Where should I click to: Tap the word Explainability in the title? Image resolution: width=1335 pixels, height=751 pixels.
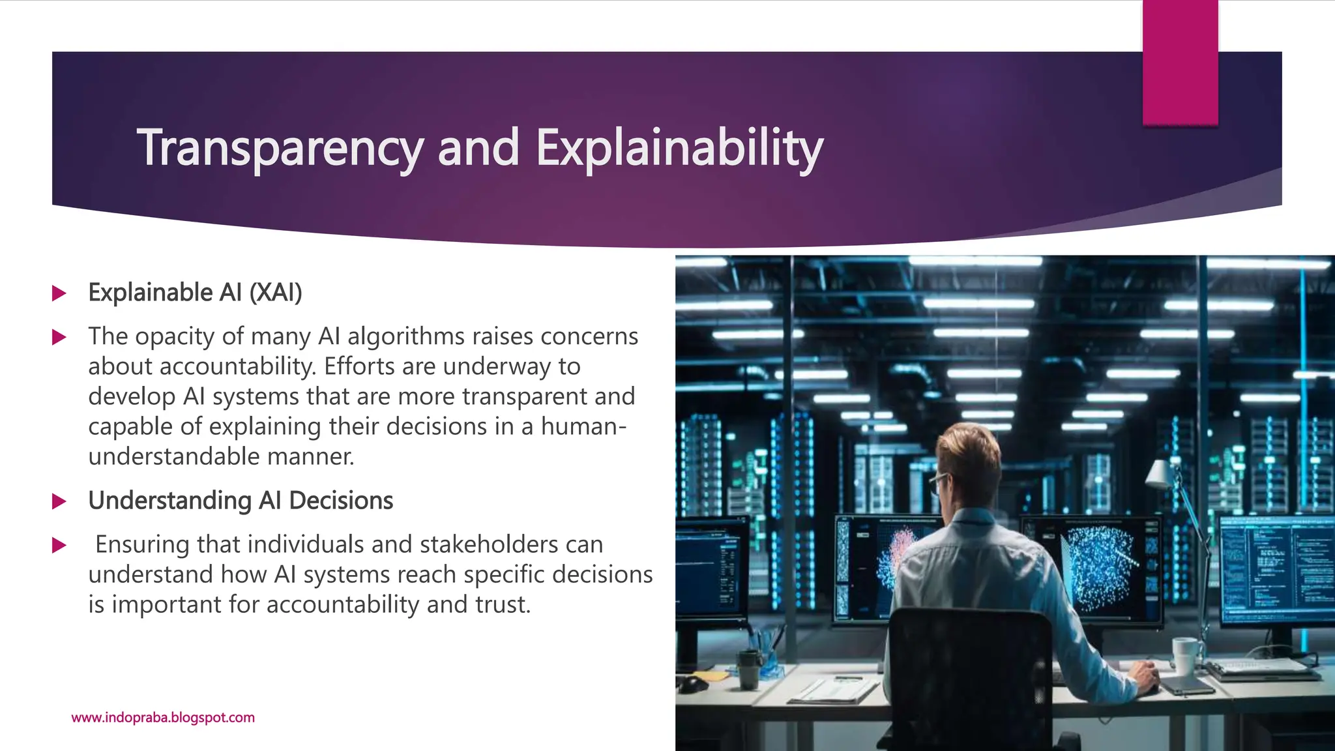[680, 149]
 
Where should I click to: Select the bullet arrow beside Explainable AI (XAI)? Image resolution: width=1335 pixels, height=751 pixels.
[59, 293]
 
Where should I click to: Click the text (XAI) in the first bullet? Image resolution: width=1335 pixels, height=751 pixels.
[276, 293]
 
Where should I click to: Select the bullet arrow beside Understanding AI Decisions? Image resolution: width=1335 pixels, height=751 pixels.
[59, 501]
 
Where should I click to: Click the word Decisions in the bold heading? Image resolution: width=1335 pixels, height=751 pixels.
[341, 501]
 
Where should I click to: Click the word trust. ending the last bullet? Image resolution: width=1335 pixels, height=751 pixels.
[503, 604]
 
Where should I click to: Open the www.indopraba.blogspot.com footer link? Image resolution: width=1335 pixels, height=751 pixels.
[163, 718]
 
